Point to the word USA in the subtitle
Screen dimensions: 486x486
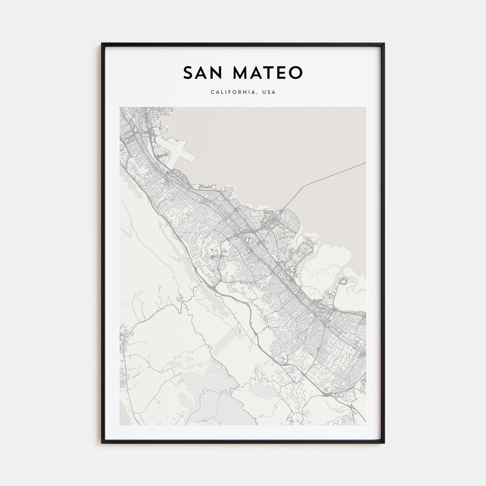coord(269,92)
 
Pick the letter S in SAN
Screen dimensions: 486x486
coord(187,73)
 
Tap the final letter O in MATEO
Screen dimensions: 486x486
coord(296,73)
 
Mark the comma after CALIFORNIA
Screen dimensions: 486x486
coord(257,94)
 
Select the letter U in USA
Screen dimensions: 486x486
coord(264,92)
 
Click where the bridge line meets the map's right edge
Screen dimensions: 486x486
coord(366,163)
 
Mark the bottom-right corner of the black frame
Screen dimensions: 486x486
coord(384,442)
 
